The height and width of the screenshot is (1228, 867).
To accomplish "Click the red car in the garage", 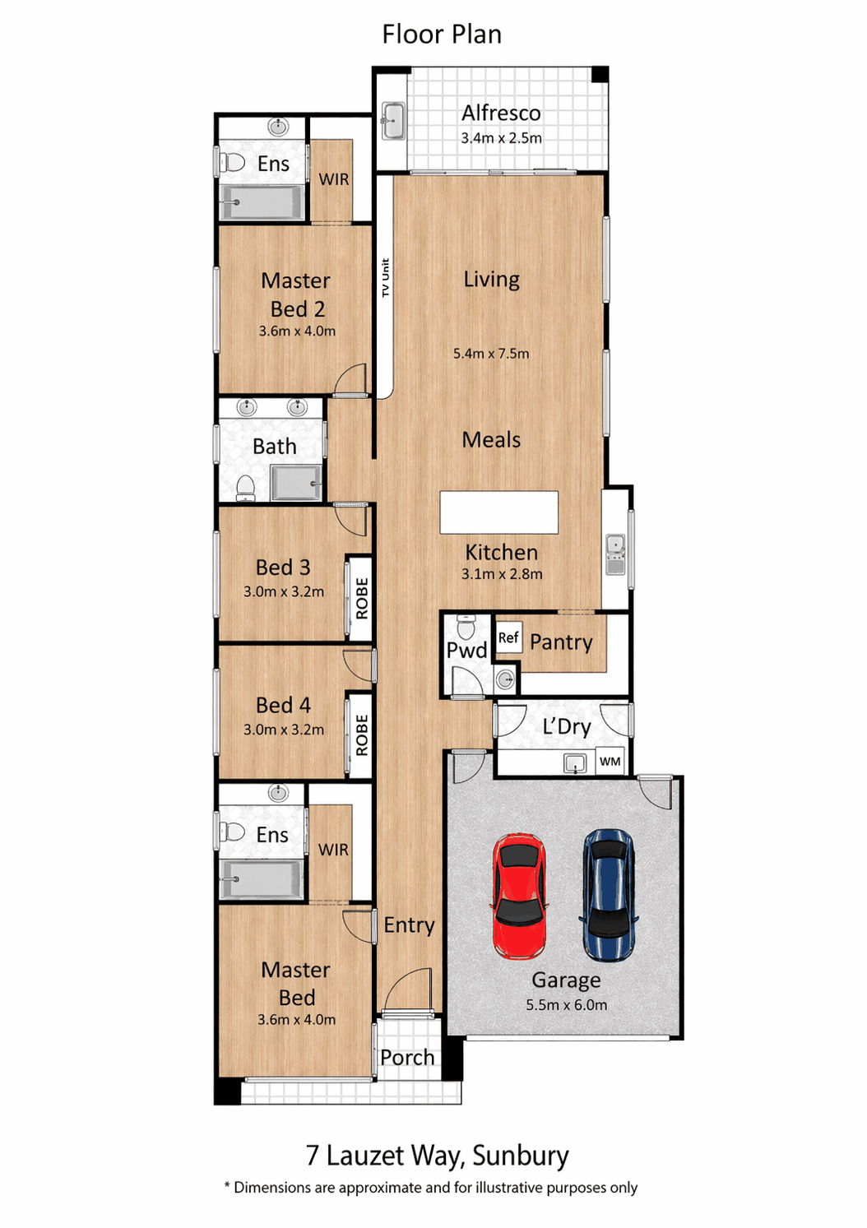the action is (519, 897).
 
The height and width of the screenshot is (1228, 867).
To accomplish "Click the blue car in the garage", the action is (608, 895).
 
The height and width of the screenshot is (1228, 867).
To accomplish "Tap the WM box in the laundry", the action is (610, 762).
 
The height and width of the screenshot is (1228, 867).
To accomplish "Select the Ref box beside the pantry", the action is (508, 637).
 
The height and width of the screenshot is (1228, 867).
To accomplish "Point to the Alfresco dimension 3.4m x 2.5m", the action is (501, 138).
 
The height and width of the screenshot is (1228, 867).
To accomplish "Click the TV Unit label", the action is (385, 278).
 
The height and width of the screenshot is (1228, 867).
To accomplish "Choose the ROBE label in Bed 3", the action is (361, 598).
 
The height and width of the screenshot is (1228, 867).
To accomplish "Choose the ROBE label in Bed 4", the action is (361, 735).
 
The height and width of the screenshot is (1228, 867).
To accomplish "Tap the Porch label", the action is (407, 1057).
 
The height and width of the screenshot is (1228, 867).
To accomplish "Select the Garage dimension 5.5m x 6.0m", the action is (567, 1005).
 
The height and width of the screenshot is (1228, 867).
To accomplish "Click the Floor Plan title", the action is (442, 34).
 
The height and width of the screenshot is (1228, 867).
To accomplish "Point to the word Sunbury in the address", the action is (521, 1156).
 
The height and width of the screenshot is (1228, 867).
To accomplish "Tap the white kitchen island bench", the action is (499, 512).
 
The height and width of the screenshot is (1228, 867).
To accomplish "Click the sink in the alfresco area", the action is (393, 120).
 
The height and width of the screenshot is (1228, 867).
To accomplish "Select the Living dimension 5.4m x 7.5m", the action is (491, 354).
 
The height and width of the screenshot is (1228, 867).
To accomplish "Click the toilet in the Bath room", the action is (245, 488).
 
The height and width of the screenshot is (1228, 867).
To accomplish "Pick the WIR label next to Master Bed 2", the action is (333, 179).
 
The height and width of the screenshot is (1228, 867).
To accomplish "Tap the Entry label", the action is (409, 924).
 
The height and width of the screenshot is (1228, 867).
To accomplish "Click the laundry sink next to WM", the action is (575, 762).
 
